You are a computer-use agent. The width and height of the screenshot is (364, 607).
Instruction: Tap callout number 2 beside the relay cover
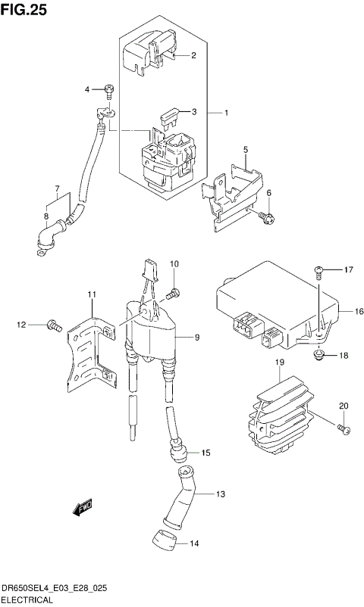pyautogui.click(x=193, y=55)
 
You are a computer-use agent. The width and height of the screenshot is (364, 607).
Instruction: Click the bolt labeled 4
pyautogui.click(x=109, y=91)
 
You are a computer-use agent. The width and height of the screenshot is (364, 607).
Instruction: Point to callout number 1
pyautogui.click(x=225, y=113)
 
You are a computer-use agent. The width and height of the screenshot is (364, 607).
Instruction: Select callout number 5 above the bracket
pyautogui.click(x=246, y=151)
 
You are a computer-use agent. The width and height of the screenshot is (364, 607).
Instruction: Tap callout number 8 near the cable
pyautogui.click(x=45, y=216)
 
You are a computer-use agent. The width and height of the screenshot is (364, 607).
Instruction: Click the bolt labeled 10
pyautogui.click(x=175, y=292)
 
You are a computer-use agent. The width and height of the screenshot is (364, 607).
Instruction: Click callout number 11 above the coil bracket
pyautogui.click(x=90, y=294)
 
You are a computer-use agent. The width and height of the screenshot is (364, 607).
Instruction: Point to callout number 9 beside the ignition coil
pyautogui.click(x=196, y=337)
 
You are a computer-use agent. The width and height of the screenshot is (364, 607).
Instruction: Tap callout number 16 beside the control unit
pyautogui.click(x=359, y=311)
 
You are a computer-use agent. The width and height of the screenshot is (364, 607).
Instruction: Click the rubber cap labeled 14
pyautogui.click(x=161, y=540)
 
